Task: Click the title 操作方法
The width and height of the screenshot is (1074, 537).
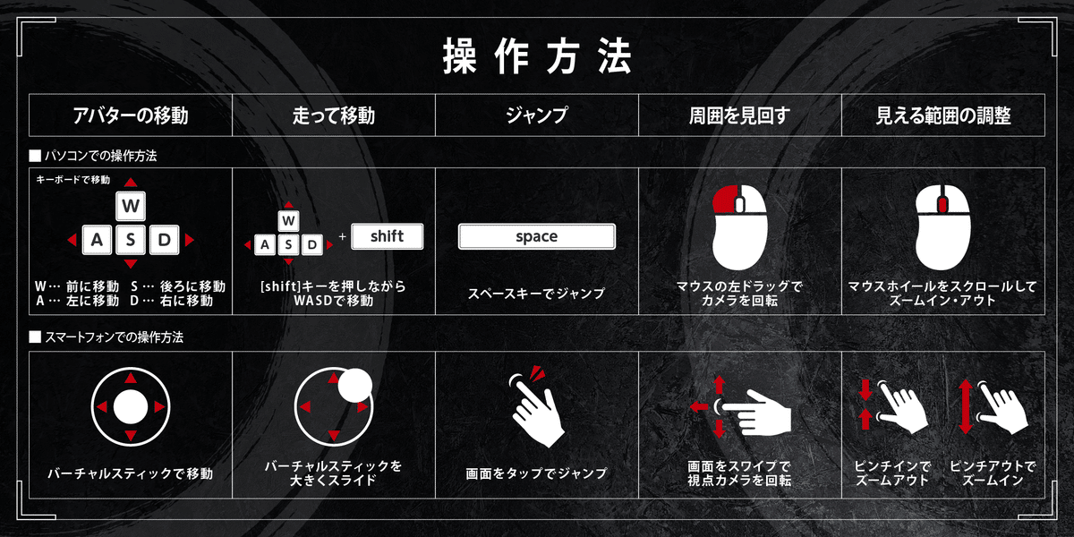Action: click(537, 56)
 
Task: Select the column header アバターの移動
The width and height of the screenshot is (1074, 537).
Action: click(131, 115)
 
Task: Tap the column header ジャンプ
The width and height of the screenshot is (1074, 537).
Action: click(537, 115)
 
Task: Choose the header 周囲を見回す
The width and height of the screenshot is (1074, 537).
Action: click(740, 115)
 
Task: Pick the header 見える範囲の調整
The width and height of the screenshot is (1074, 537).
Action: click(943, 115)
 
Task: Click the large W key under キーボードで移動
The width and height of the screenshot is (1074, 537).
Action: click(131, 206)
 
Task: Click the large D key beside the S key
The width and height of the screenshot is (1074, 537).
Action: click(165, 239)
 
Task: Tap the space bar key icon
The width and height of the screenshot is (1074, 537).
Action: click(536, 236)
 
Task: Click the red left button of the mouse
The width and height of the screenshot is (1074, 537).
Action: click(724, 200)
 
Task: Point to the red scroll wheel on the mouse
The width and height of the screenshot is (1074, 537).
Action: click(942, 205)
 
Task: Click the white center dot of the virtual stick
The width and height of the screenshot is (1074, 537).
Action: click(131, 407)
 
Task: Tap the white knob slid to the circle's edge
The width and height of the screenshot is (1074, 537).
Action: click(354, 385)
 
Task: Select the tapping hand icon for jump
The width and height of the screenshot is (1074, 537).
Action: click(536, 407)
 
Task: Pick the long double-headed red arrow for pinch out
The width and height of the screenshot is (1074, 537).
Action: click(966, 407)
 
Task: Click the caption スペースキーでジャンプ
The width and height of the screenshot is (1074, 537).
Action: click(536, 293)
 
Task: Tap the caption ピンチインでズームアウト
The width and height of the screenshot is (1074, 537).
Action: click(892, 473)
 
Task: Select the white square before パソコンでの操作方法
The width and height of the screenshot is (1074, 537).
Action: click(35, 156)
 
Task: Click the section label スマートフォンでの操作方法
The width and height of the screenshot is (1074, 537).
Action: click(115, 337)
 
